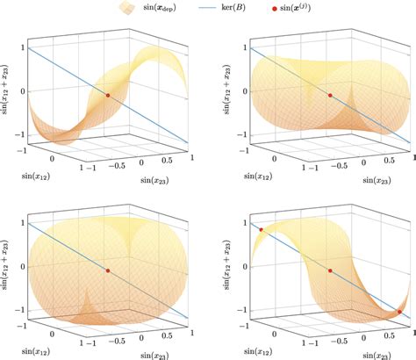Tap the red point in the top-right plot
coord(330,95)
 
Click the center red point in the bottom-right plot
coord(330,271)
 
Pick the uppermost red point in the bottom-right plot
coord(261,231)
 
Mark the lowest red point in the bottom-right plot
coord(399,312)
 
